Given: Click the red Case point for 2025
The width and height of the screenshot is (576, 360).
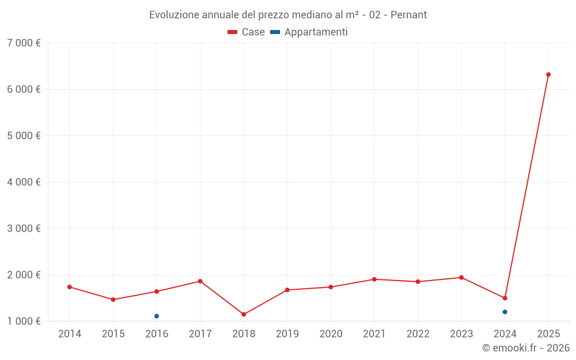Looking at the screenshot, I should pos(548,74).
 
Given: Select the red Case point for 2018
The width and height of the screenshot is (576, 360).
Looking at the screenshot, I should pos(244,314).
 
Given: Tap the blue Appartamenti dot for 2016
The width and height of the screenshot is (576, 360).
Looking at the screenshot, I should pos(157,316).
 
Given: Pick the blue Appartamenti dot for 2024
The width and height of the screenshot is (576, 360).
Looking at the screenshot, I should pos(505,312).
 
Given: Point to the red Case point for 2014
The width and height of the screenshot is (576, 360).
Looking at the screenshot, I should pos(70,287).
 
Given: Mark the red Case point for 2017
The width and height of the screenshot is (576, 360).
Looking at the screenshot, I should pos(200,281).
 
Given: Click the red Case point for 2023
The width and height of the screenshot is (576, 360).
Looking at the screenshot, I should pos(461,278).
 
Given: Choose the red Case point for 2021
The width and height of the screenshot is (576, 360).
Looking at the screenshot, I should pos(374,279).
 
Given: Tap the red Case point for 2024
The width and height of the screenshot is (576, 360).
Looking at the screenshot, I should pos(505,298).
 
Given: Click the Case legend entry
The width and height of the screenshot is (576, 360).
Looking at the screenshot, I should pos(247,32).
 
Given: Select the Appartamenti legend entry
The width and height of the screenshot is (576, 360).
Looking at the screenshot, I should pos(309,32).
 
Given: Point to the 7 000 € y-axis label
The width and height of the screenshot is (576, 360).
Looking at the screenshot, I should pos(24,43).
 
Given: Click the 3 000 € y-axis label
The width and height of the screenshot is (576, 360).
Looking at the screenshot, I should pos(24,229).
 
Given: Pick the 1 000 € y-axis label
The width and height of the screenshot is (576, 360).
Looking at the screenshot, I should pos(24,321).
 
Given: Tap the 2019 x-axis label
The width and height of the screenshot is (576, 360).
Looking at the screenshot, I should pos(287,334).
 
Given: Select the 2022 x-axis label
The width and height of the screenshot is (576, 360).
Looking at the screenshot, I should pos(418,334).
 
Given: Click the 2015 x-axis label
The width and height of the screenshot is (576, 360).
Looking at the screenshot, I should pos(113,334).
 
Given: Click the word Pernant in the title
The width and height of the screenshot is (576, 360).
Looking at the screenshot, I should pos(408,15).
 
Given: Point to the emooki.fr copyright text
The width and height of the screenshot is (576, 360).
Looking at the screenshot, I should pos(525,348).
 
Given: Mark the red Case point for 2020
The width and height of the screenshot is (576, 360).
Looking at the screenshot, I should pos(331,287).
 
